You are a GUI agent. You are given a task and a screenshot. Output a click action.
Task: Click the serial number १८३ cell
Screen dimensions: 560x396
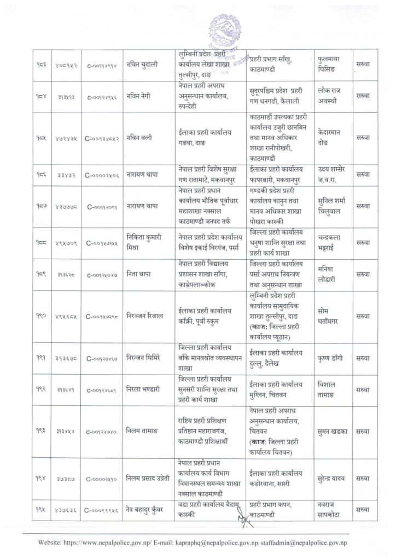(x=42, y=65)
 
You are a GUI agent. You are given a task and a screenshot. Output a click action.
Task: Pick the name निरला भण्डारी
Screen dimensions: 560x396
(x=144, y=391)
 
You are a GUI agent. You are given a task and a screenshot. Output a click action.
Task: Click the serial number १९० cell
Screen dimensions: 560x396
(x=42, y=316)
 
